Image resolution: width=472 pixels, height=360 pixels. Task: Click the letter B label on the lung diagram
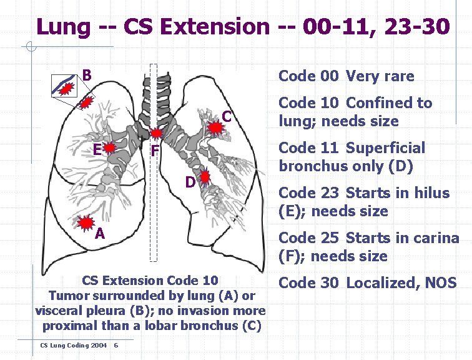[x=87, y=76]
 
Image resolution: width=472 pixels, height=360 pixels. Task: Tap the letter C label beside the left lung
[x=227, y=117]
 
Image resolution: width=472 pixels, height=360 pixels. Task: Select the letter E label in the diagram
[x=97, y=149]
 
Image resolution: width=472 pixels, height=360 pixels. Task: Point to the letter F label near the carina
[x=155, y=151]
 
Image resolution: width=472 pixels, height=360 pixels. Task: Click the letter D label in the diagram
[x=190, y=182]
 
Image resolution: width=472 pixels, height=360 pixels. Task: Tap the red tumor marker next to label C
[x=215, y=128]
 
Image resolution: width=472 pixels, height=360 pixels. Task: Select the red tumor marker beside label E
[x=111, y=149]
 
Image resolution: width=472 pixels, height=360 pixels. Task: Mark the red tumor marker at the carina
[x=157, y=133]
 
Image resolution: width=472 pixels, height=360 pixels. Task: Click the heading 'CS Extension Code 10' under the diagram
[x=150, y=279]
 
